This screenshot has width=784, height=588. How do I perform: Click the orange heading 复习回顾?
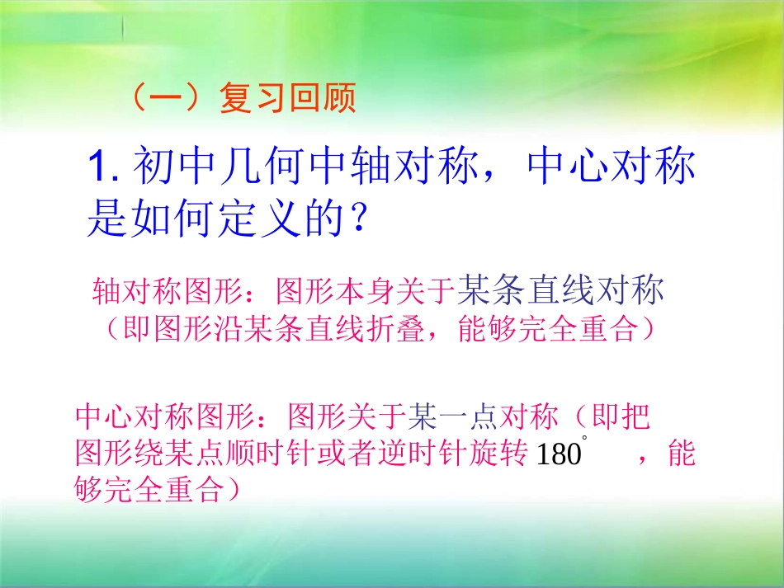tap(287, 100)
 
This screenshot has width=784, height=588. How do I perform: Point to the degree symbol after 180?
tap(585, 438)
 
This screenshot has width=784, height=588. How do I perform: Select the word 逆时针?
tap(422, 454)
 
